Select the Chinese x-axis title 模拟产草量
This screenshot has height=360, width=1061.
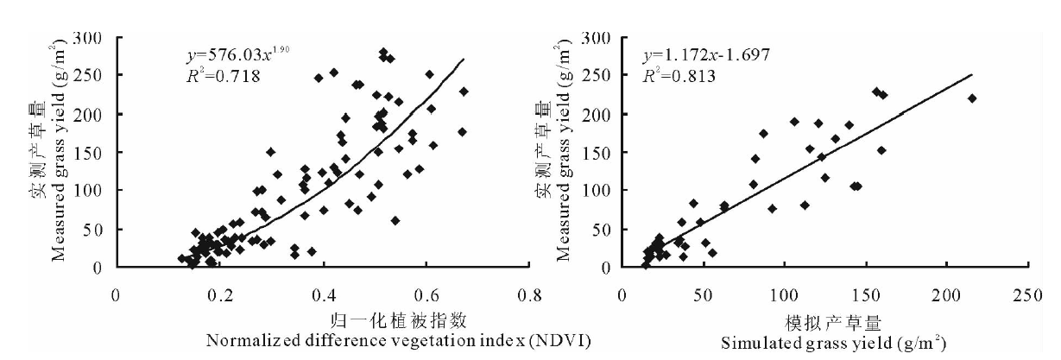point(833,324)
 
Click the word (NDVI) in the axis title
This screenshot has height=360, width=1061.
point(565,341)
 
